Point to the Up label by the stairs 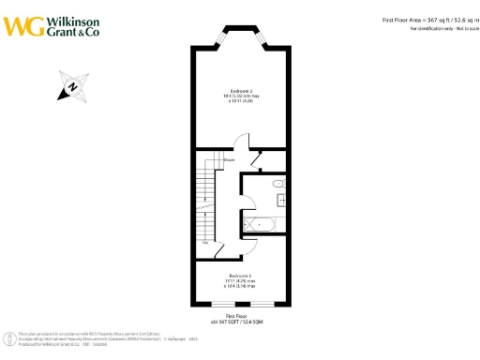tap(204, 242)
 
